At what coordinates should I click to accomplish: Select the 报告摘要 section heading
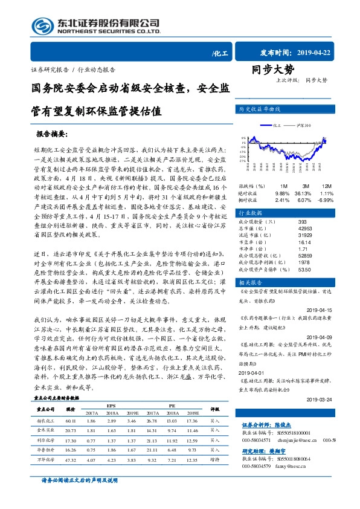point(52,132)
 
